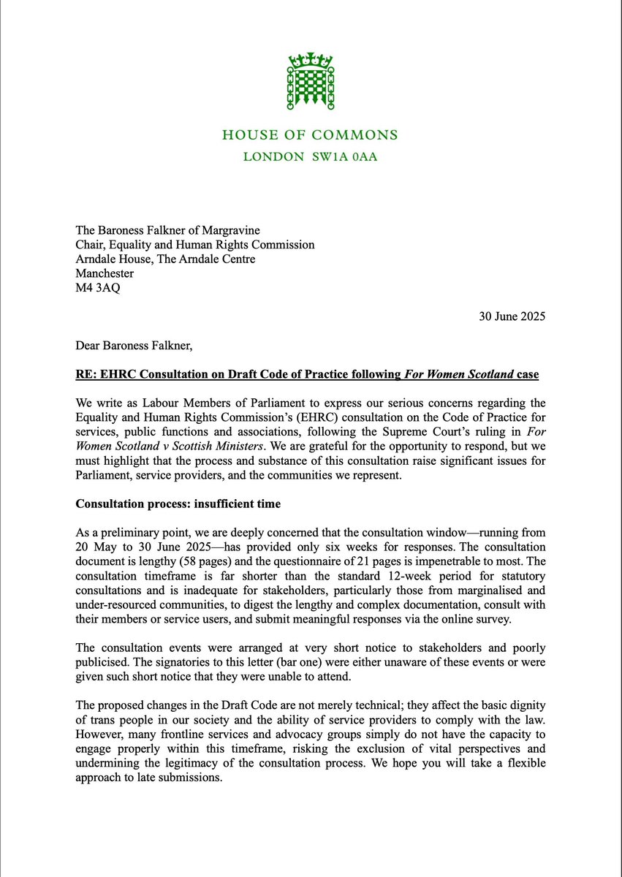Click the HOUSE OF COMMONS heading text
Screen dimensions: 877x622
point(311,135)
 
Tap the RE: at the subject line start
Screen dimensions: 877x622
point(88,375)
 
